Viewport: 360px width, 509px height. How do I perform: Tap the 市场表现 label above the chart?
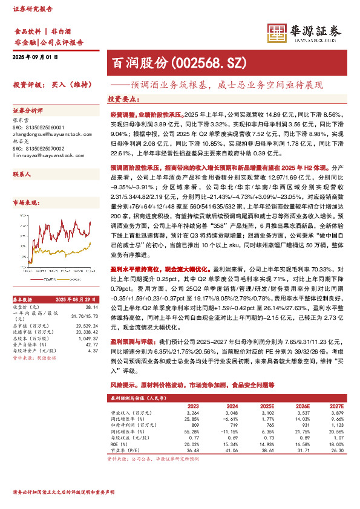click(x=25, y=203)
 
